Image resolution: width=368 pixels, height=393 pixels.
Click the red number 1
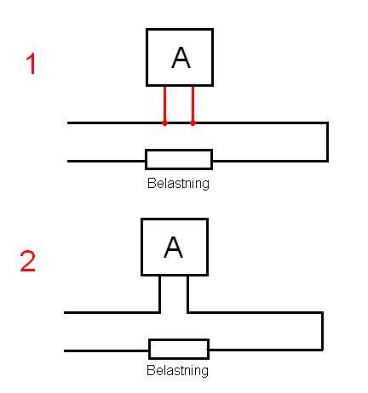[31, 64]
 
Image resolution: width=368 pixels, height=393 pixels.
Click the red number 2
[28, 261]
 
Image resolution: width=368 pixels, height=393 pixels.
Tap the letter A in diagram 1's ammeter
[181, 58]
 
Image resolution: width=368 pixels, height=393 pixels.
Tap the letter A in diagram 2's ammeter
[173, 248]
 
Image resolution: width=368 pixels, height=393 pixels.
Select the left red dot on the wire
[164, 123]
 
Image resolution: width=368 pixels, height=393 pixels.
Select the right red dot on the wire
[193, 123]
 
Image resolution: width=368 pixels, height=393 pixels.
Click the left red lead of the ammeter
[164, 104]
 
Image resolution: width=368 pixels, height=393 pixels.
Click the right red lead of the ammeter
[193, 104]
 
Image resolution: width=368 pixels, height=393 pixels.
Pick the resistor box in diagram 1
[179, 159]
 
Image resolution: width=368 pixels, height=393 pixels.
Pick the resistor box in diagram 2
[179, 349]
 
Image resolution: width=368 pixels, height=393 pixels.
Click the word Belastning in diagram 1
[178, 183]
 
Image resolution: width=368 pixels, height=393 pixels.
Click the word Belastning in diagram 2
[177, 370]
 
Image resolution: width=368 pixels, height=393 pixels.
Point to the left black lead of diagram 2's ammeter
[159, 294]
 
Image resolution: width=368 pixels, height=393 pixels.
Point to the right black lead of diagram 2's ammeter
[187, 294]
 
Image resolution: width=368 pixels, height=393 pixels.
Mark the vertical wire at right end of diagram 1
[327, 142]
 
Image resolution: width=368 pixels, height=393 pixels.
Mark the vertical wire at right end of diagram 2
[323, 332]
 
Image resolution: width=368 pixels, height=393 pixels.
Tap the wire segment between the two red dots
[179, 123]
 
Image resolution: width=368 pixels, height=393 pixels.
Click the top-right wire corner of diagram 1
[327, 123]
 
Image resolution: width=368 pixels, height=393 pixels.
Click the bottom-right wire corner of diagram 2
[323, 350]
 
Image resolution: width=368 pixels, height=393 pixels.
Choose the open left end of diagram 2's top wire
[65, 313]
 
